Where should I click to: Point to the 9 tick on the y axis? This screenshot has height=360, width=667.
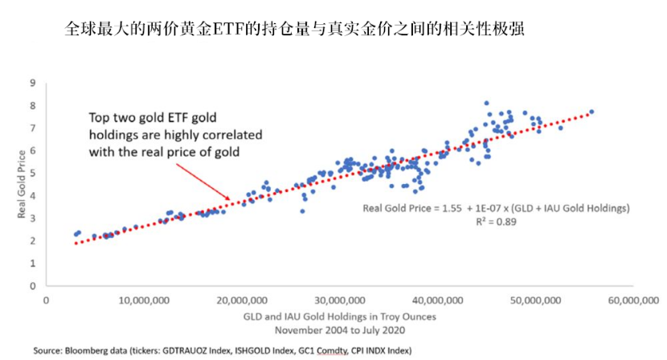pos(33,83)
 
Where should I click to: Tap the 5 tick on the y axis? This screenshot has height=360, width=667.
pos(33,173)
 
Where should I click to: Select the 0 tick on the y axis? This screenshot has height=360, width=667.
pos(33,286)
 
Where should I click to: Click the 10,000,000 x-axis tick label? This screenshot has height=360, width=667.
pos(145,301)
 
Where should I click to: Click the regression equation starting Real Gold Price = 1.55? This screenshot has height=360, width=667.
pos(496,207)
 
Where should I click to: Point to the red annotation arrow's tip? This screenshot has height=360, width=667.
pos(231,198)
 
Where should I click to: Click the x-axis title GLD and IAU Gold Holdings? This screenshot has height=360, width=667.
pos(341,317)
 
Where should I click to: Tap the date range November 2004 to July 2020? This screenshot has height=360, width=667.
pos(341,329)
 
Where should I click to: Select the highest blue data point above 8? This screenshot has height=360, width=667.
pos(486,103)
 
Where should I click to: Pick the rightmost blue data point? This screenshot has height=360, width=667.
pos(591,112)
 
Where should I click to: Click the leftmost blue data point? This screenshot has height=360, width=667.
pos(76,234)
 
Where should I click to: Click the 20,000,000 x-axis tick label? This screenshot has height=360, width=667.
pos(243,301)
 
